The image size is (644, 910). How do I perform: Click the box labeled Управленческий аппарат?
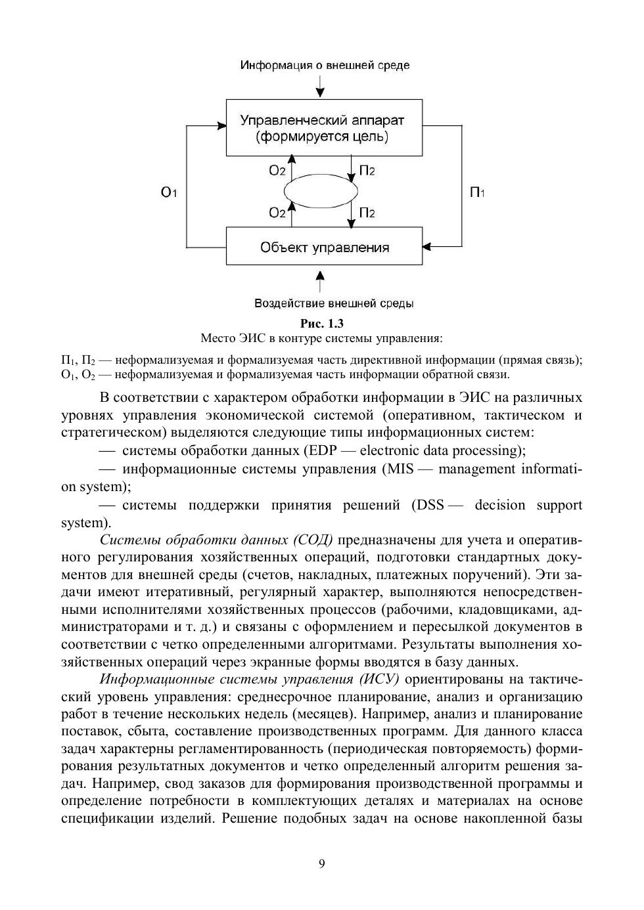pos(324,128)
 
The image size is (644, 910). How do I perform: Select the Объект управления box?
pos(324,247)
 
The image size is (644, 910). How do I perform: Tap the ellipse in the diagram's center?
pos(322,191)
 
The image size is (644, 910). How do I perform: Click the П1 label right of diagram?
pos(477,192)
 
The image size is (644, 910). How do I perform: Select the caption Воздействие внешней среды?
pos(333,303)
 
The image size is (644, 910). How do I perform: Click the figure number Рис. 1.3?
pos(322,323)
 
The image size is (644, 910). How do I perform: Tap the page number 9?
pos(321,863)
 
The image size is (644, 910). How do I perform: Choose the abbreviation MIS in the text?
pos(401,469)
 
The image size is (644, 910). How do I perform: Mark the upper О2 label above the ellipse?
pos(277,171)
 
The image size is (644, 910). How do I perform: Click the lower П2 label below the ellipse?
pos(367,213)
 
